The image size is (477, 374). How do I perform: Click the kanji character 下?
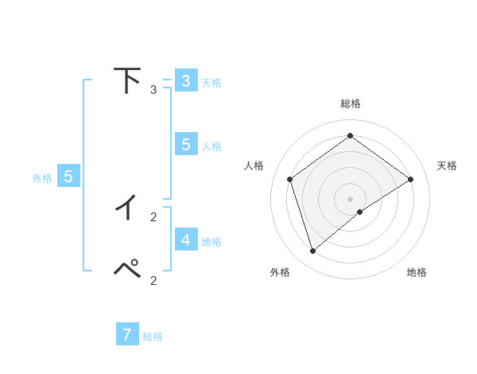click(127, 80)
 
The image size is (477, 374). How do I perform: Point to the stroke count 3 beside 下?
click(153, 90)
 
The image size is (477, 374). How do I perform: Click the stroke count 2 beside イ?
click(153, 216)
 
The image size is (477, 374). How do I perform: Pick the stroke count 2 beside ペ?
click(153, 280)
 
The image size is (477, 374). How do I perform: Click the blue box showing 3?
click(185, 81)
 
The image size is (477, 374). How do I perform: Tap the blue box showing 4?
click(185, 240)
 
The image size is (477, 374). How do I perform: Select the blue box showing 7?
click(127, 335)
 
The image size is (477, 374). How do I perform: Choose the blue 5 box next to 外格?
click(68, 177)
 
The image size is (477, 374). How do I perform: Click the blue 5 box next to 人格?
click(185, 145)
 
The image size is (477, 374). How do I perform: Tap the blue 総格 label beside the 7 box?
click(153, 337)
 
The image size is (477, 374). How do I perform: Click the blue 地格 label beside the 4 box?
click(211, 242)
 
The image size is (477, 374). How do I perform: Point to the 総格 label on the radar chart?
click(350, 103)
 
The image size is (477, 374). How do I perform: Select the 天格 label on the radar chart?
click(447, 166)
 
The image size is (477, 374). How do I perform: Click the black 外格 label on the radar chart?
click(280, 272)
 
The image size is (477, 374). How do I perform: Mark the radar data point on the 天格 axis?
click(410, 179)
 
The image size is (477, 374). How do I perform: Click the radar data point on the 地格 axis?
click(360, 212)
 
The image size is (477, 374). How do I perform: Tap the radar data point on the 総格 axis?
click(350, 136)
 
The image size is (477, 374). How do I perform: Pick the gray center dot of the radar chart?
click(350, 198)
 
